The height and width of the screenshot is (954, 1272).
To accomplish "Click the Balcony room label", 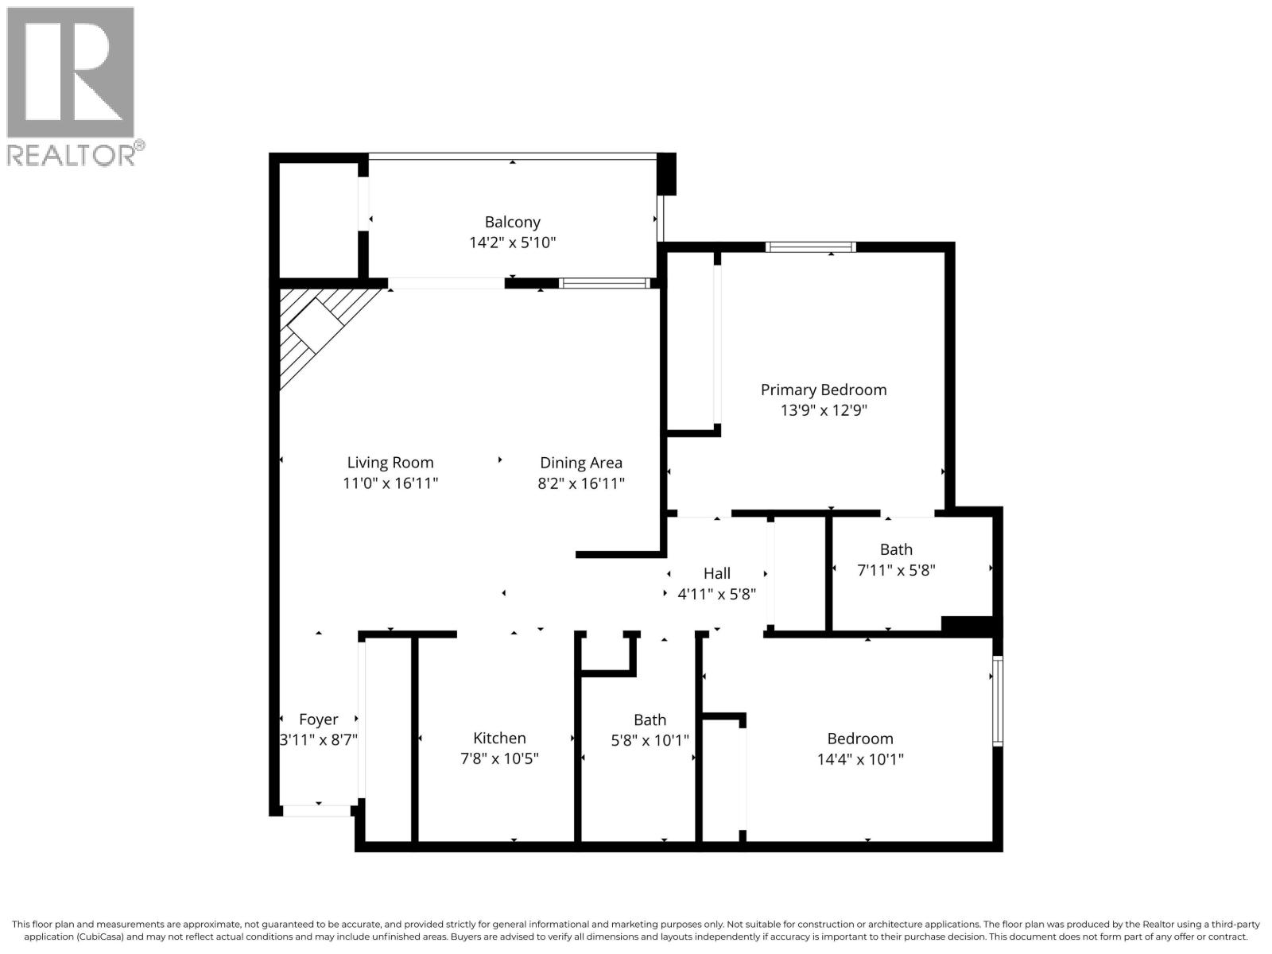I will click(513, 222).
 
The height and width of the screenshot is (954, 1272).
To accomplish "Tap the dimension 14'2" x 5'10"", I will click(513, 242).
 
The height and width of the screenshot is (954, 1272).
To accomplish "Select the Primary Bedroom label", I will click(823, 390).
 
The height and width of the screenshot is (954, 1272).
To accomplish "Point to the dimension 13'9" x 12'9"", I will click(823, 410).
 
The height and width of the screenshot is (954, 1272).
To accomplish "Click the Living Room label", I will click(390, 463).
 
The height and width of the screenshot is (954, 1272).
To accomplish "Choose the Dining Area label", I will click(581, 463).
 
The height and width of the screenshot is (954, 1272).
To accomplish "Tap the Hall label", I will click(716, 573).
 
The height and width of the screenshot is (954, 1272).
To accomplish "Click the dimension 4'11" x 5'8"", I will click(716, 594).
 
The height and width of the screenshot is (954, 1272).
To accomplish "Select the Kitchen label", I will click(499, 739).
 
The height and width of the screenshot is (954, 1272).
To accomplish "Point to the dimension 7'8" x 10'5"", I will click(499, 759).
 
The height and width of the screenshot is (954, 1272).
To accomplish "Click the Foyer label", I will click(319, 719).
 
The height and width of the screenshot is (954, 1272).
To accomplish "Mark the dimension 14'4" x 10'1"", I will click(860, 759).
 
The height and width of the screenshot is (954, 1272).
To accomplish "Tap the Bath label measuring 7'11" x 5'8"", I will click(896, 549).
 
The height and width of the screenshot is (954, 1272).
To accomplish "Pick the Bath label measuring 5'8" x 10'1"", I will click(650, 719).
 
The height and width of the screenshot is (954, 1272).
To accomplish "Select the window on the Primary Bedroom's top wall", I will click(811, 246).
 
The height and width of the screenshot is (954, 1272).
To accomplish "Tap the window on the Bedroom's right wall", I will click(999, 700).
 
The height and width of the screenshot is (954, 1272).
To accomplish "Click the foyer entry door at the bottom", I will click(317, 811).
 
